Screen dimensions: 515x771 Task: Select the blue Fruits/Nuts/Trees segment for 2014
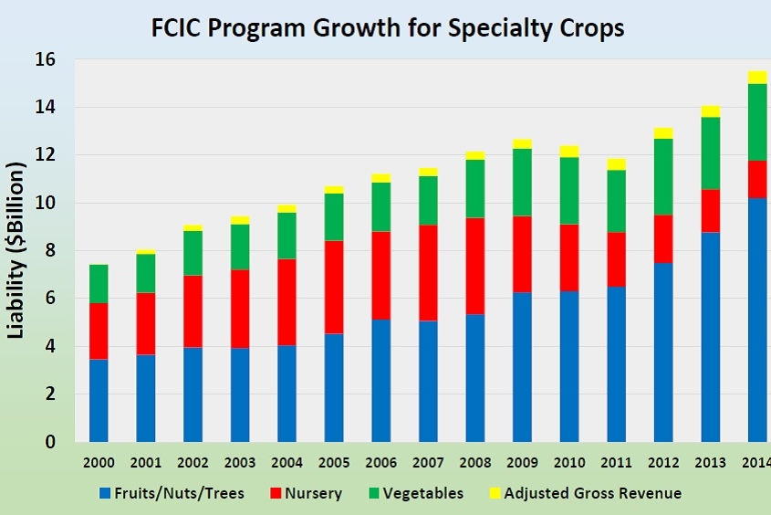point(758,320)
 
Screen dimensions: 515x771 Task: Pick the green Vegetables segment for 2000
point(98,284)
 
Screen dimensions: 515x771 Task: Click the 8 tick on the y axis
point(50,251)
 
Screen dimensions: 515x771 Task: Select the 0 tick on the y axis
point(50,442)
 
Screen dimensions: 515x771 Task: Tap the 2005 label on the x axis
point(334,461)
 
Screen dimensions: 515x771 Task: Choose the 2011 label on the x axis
point(569,461)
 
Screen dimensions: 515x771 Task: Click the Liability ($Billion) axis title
point(16,252)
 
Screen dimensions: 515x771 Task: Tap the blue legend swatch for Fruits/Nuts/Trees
point(105,494)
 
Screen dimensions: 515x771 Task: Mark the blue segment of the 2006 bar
point(380,380)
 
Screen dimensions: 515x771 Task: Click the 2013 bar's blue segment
point(711,337)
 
